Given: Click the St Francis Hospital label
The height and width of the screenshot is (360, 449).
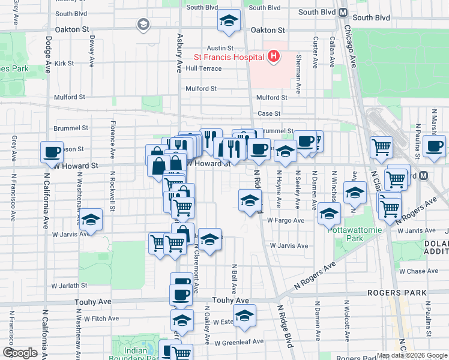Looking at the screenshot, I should click(229, 58).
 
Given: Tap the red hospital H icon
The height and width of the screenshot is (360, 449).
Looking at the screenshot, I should click(274, 58).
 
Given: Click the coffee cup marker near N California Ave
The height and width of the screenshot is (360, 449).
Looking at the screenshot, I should click(52, 152).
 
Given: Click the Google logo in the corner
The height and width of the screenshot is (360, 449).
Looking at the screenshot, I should click(19, 353).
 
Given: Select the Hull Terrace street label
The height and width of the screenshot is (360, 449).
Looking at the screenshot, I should click(203, 68).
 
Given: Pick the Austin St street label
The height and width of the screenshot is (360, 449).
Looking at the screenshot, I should click(220, 48).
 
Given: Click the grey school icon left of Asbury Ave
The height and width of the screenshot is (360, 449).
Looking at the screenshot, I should click(143, 25).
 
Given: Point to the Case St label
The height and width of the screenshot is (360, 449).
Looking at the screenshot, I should click(269, 113).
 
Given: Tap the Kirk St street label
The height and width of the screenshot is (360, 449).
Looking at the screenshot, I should click(64, 63).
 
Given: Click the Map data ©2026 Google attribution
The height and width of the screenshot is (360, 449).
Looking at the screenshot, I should click(412, 355).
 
